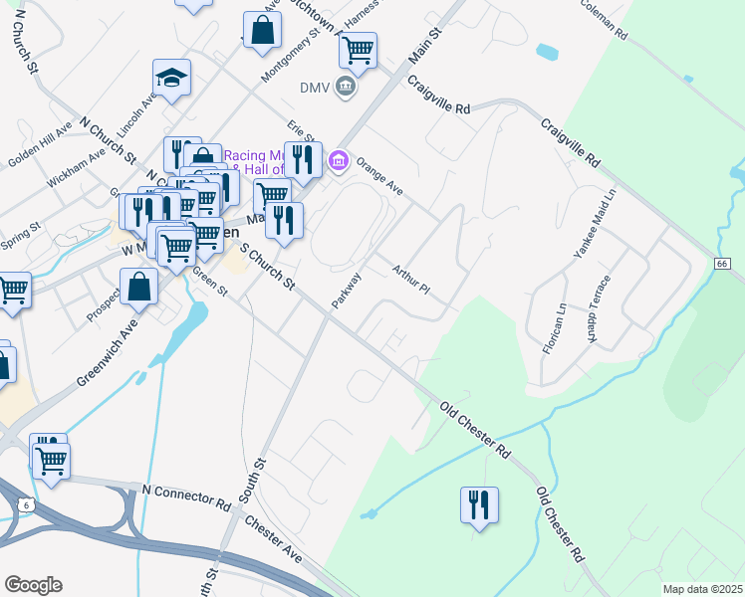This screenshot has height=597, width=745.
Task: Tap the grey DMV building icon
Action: coord(345,87)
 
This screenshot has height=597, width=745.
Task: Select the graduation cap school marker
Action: coord(172,78)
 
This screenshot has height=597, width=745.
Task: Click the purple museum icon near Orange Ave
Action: coord(339,159)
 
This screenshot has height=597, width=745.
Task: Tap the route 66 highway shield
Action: coord(722,262)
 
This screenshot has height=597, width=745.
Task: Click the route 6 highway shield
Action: coord(23,505)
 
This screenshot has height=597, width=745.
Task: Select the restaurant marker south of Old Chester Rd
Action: coord(479,504)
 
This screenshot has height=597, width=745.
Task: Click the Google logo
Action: coord(33,585)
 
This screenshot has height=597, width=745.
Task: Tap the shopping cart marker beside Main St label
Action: coord(358,48)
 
